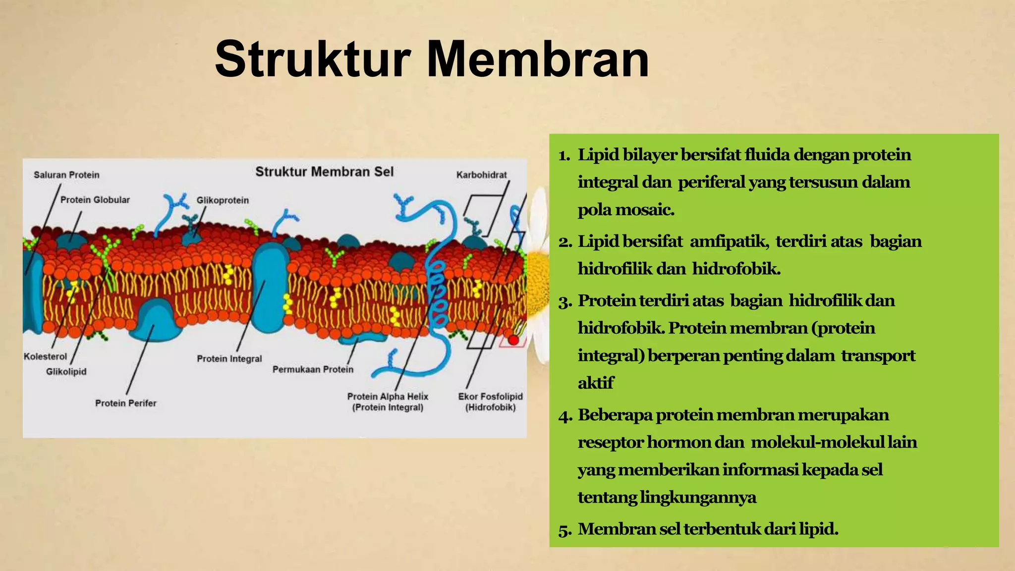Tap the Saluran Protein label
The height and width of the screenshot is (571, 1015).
click(66, 175)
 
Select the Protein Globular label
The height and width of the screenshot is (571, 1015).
click(95, 200)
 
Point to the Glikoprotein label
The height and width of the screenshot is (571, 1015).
click(223, 200)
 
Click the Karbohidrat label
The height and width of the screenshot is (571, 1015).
click(481, 175)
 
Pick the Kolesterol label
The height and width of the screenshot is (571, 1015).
click(45, 356)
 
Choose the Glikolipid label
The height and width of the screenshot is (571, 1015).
click(66, 371)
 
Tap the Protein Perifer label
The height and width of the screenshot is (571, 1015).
click(125, 403)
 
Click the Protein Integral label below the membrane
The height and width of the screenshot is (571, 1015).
click(229, 358)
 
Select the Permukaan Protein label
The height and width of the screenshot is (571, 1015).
click(313, 369)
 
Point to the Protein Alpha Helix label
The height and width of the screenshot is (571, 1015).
click(387, 397)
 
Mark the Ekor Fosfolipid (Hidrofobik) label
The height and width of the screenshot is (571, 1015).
click(490, 401)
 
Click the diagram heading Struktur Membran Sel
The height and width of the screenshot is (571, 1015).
click(324, 172)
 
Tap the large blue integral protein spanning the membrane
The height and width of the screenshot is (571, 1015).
click(270, 287)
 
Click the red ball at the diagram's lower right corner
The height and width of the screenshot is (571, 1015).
click(513, 341)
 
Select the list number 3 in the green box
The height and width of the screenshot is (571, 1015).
click(564, 301)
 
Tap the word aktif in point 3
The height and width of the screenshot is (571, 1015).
click(595, 383)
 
